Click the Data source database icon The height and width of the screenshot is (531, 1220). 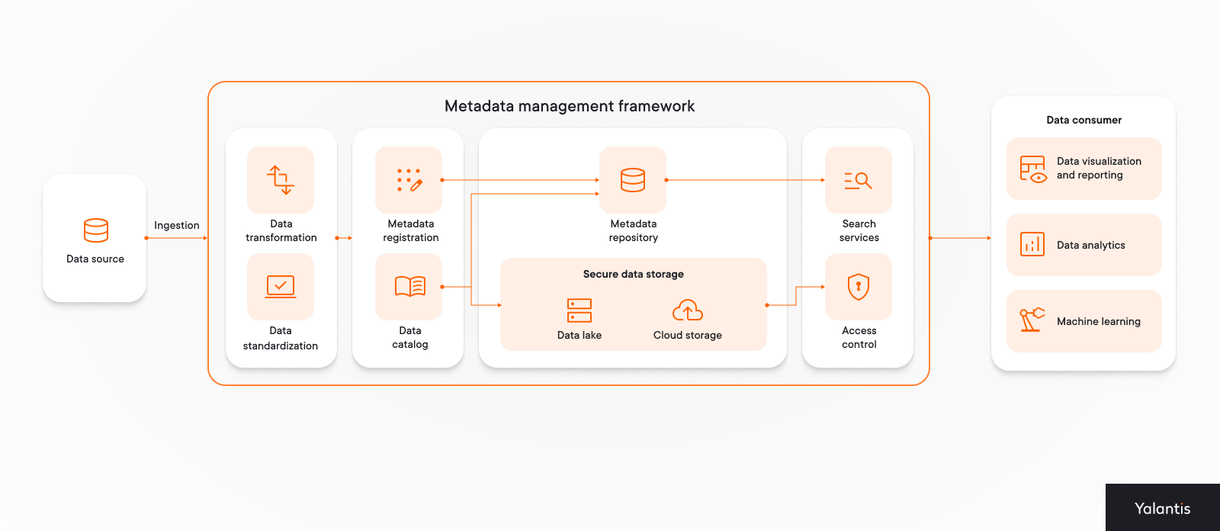[x=96, y=230]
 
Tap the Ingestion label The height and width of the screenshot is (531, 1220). [x=176, y=225]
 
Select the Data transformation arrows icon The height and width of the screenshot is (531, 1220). [x=281, y=180]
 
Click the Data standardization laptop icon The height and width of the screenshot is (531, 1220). [x=281, y=287]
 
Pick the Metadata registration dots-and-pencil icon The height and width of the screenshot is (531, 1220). [x=409, y=180]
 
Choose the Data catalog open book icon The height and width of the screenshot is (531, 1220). [x=409, y=286]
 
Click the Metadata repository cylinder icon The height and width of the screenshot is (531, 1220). [x=633, y=180]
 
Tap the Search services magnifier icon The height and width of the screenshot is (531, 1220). [x=858, y=181]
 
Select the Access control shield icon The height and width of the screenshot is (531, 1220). [x=859, y=287]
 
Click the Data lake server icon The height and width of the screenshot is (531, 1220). [x=579, y=311]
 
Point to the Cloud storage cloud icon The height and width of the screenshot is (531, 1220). [x=688, y=310]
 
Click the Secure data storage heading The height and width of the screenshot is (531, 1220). [x=633, y=274]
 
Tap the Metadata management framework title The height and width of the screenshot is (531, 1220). [x=569, y=106]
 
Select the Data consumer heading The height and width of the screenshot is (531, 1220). [x=1084, y=120]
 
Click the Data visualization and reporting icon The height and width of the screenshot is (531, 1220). [x=1032, y=169]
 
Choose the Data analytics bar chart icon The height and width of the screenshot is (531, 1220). [x=1032, y=245]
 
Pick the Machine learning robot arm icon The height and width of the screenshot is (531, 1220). [x=1032, y=320]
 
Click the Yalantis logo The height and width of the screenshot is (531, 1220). [x=1162, y=508]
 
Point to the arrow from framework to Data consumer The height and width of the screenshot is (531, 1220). [x=960, y=238]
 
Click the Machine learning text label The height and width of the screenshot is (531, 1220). [x=1098, y=321]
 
